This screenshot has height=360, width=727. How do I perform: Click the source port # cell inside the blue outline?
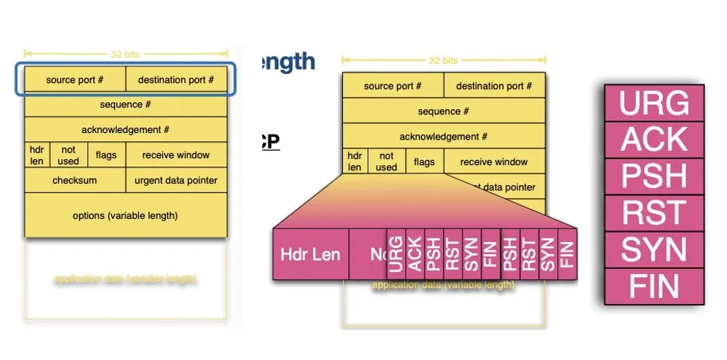(x=75, y=80)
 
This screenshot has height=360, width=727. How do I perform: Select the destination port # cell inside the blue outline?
(x=176, y=80)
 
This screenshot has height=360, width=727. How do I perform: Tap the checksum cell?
(x=75, y=180)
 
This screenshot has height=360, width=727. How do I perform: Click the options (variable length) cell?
(x=126, y=216)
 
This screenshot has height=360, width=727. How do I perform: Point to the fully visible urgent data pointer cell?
(x=176, y=180)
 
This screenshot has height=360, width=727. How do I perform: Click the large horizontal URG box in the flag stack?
(x=654, y=102)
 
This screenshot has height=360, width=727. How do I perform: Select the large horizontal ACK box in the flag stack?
(x=654, y=140)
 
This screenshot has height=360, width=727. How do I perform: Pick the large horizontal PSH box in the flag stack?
(x=654, y=176)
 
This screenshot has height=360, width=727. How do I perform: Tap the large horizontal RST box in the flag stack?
(x=654, y=213)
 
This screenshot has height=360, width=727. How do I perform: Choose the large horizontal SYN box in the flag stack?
(x=654, y=249)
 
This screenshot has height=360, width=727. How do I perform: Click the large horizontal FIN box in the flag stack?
(x=654, y=286)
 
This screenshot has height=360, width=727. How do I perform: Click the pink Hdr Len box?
(x=310, y=254)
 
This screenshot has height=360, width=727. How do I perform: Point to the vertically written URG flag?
(x=396, y=254)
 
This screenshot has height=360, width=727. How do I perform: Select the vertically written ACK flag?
(x=415, y=254)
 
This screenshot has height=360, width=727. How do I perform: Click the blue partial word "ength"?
(x=288, y=62)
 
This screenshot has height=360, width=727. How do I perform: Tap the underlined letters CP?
(x=270, y=141)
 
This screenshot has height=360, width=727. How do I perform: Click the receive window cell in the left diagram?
(x=176, y=155)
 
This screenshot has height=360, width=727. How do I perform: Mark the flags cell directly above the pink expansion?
(x=424, y=162)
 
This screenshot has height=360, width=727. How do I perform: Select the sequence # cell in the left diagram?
(x=126, y=105)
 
